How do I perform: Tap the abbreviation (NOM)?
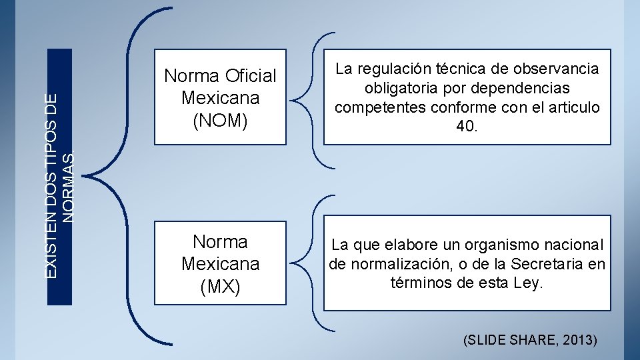click(x=220, y=121)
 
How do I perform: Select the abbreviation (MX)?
click(x=220, y=287)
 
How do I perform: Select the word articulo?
click(x=573, y=107)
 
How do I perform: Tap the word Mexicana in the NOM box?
click(x=220, y=98)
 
